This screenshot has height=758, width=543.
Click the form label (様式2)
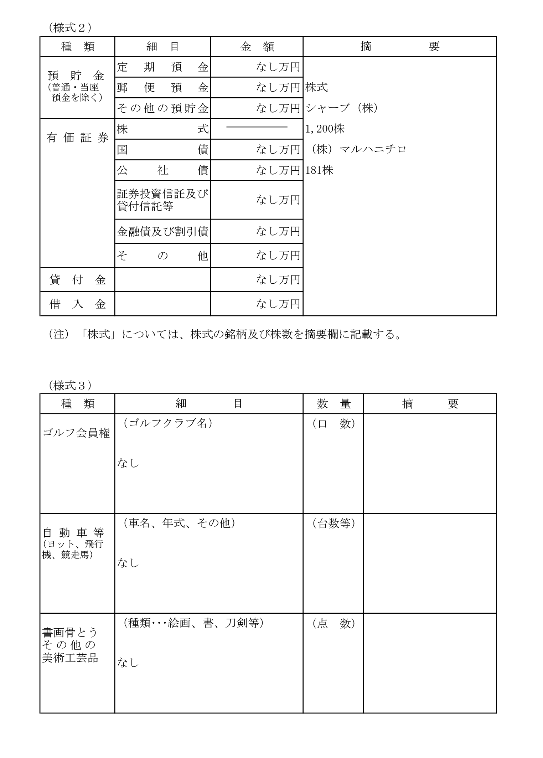(x=69, y=28)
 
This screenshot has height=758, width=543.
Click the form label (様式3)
(x=69, y=385)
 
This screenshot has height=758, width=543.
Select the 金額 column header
(x=257, y=47)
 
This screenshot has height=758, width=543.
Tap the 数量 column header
(x=333, y=404)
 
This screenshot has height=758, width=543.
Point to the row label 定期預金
(x=162, y=67)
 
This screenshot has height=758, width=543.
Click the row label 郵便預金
(x=162, y=88)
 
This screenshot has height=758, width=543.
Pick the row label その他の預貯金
(x=162, y=108)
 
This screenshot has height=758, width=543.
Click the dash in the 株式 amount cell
(x=257, y=127)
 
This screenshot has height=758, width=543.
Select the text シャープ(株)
(x=342, y=108)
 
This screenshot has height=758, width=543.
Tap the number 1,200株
(x=325, y=129)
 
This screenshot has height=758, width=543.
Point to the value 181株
(x=319, y=170)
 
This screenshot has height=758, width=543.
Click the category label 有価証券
(x=77, y=138)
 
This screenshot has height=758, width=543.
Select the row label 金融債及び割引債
(x=162, y=232)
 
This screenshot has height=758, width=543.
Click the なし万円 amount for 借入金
(x=278, y=304)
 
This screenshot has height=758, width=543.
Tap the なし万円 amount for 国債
(x=278, y=149)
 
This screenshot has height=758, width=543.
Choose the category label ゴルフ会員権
(x=76, y=433)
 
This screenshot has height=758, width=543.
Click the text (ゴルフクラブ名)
(x=167, y=423)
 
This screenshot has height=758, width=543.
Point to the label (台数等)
(x=333, y=523)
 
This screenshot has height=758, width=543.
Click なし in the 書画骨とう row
(x=128, y=662)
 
